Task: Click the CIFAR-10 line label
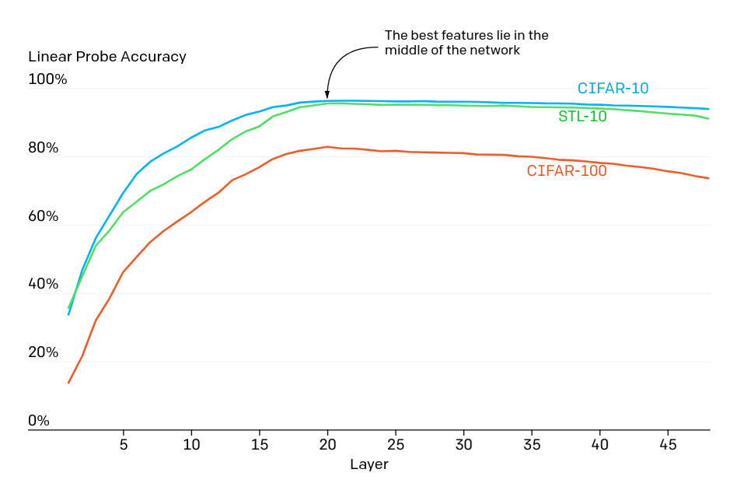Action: (613, 89)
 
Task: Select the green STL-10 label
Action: (582, 117)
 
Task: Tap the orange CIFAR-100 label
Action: (567, 171)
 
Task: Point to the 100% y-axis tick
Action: (47, 79)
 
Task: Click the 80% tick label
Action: (44, 148)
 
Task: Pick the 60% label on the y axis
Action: (44, 216)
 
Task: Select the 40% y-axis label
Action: (44, 285)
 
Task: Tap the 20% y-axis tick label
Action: (44, 352)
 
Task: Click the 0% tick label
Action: (39, 421)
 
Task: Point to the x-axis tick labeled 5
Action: (124, 445)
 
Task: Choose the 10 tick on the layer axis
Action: (191, 445)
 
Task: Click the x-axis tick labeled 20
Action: (327, 445)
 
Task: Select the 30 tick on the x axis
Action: (463, 445)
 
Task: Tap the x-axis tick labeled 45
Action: (668, 445)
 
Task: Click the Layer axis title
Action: (368, 465)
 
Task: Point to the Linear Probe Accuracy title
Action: (107, 57)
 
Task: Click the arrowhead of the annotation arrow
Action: (327, 96)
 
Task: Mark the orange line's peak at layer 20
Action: (327, 146)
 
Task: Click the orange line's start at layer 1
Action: (69, 383)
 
